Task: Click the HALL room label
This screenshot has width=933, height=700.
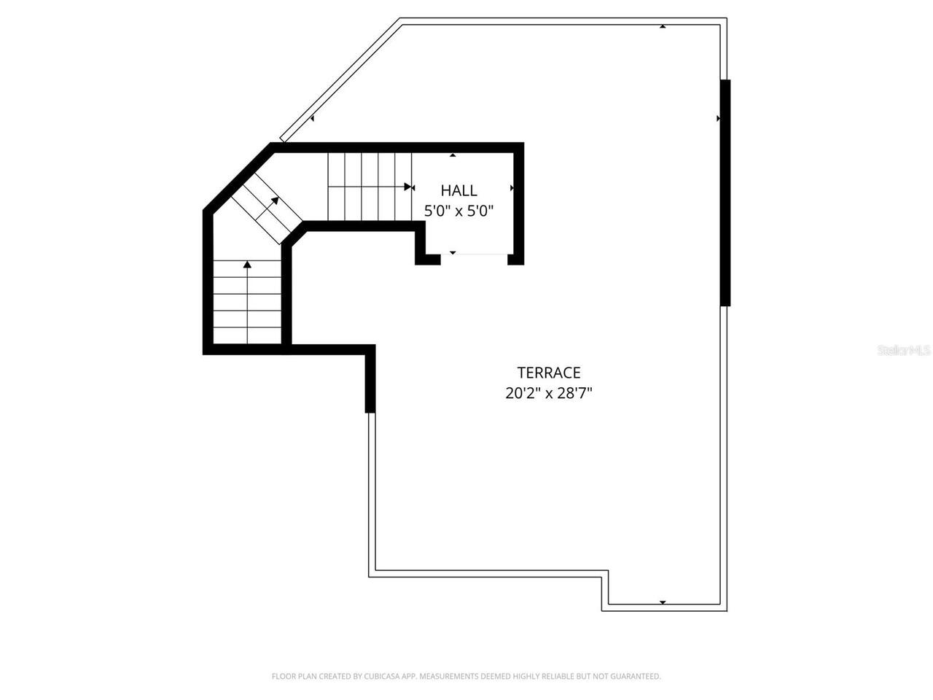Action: coord(459,191)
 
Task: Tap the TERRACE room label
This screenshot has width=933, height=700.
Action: coord(548,373)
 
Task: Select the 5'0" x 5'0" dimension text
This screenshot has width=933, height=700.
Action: coord(459,211)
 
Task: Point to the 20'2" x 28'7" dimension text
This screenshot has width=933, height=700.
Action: coord(548,394)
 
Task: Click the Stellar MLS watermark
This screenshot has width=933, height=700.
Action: coord(904,351)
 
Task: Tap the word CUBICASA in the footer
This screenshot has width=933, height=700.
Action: coord(376,677)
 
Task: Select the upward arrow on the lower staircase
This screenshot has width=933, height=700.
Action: coord(248,265)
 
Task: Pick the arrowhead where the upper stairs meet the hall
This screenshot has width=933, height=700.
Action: coord(409,187)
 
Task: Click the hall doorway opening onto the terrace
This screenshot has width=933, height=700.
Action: coord(474,254)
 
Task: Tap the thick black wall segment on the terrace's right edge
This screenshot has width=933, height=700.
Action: coord(725,192)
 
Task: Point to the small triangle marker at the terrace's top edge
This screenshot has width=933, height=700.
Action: coord(663,27)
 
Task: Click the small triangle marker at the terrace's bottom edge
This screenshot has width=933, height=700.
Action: coord(663,602)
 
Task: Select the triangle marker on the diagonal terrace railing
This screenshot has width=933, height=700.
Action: coord(312,118)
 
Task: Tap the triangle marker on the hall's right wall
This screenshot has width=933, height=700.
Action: coord(512,188)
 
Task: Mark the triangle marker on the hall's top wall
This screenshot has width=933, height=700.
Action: coord(453,155)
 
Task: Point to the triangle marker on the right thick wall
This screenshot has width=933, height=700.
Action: coord(719,118)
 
